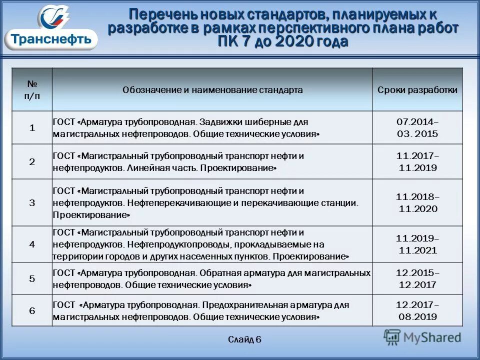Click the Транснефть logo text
click(51, 38)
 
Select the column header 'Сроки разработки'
click(417, 90)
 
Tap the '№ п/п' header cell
click(32, 89)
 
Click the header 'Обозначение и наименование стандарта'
click(212, 90)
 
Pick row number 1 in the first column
click(32, 128)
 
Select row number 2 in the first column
click(32, 162)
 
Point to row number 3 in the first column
click(32, 202)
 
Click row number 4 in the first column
click(32, 244)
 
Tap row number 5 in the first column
click(32, 279)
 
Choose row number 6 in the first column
click(32, 310)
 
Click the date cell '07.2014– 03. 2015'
click(417, 128)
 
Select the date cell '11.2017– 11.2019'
click(417, 162)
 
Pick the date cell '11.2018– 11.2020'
click(417, 202)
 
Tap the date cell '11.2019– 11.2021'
click(417, 244)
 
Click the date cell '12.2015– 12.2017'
click(417, 279)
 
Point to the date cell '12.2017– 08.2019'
click(417, 310)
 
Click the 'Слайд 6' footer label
click(244, 339)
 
